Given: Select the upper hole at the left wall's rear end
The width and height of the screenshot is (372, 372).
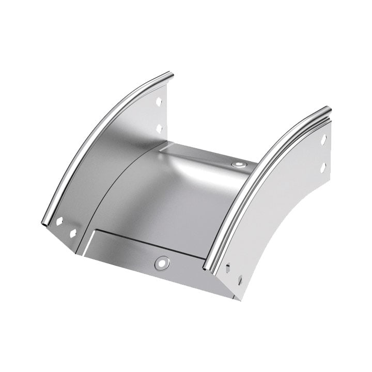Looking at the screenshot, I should click(159, 102).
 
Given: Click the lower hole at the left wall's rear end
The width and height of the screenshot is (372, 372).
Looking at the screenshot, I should click(159, 127).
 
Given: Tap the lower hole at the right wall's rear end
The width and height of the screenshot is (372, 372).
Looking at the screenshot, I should click(323, 167).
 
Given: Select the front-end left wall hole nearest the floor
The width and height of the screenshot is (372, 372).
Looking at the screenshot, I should click(72, 233).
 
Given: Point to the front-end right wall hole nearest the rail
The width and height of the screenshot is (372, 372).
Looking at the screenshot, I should click(227, 267).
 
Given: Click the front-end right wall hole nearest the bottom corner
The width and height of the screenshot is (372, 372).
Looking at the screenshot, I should click(240, 281).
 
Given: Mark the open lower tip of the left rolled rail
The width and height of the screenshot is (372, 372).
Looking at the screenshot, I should click(45, 224).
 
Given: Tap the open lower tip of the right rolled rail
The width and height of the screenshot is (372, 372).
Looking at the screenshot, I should click(208, 268).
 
